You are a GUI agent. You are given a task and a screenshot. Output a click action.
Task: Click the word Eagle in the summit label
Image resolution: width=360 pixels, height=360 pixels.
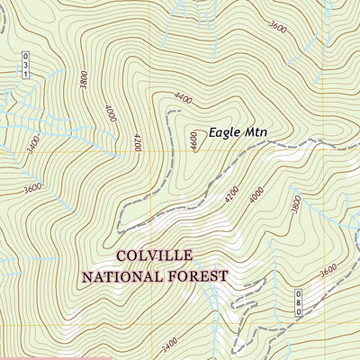click(x=225, y=132)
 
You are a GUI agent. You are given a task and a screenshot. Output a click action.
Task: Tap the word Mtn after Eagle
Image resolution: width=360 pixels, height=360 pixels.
click(x=256, y=132)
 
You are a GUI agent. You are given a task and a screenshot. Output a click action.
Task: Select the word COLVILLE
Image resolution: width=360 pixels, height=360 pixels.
click(x=154, y=256)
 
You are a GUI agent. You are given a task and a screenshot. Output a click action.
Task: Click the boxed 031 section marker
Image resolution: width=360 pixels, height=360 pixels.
click(x=27, y=66)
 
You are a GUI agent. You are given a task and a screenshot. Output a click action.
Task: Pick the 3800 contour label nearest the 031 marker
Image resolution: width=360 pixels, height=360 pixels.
click(x=84, y=82)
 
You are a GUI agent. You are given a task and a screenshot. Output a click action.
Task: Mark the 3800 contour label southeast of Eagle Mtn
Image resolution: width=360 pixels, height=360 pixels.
click(x=296, y=204)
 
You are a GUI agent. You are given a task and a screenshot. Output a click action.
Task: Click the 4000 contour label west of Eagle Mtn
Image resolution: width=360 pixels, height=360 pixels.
click(x=111, y=113)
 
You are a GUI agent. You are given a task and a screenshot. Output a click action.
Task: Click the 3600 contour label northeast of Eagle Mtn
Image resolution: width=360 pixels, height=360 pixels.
click(x=278, y=27)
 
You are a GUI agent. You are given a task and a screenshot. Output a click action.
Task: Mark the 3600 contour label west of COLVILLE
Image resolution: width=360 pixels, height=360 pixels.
click(x=33, y=188)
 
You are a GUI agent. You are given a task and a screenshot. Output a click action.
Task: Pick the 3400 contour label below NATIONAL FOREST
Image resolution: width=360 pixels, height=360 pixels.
click(x=168, y=342)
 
